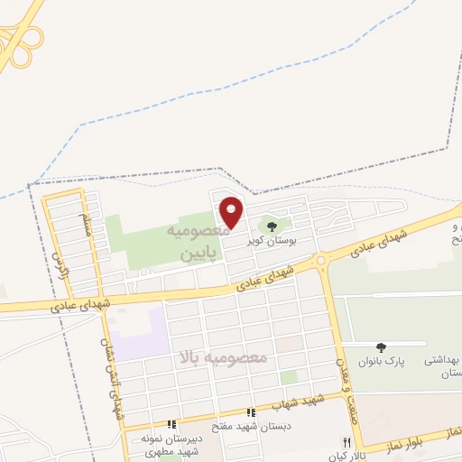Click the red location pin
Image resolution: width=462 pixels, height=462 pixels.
tap(232, 211)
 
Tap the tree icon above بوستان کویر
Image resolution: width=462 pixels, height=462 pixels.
tap(273, 225)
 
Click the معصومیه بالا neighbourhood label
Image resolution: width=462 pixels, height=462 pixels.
tap(225, 357)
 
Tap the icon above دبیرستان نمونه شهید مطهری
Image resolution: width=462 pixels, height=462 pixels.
tap(171, 424)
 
